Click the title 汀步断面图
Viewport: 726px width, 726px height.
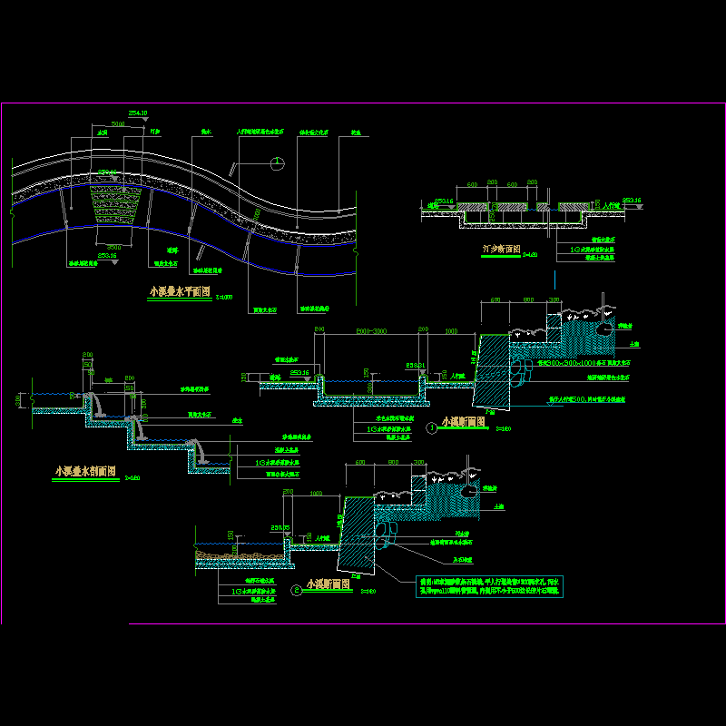coord(501,248)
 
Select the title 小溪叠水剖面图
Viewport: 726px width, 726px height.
coord(85,472)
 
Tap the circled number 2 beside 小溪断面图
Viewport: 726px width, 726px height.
coord(297,590)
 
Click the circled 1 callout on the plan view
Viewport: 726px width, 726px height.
coord(276,163)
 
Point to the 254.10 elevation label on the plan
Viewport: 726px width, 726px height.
coord(138,113)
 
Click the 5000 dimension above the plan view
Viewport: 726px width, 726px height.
coord(117,123)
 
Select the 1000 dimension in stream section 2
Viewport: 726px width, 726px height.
coord(316,493)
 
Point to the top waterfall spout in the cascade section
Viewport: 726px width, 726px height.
coord(93,403)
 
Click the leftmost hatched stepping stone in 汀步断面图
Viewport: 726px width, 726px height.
coord(472,209)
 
